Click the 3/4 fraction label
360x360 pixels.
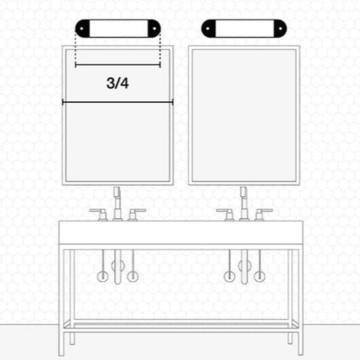tap(118, 83)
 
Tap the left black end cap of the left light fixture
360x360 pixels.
tap(82, 28)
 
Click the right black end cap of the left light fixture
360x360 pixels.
tap(154, 28)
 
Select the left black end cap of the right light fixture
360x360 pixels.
tap(208, 28)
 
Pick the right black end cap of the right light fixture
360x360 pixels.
tap(280, 28)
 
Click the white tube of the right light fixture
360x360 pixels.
tap(244, 28)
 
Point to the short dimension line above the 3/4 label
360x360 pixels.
tap(118, 65)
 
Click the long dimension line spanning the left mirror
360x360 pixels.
tap(118, 102)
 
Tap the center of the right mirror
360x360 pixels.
tap(244, 115)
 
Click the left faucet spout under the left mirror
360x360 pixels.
tap(117, 203)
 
